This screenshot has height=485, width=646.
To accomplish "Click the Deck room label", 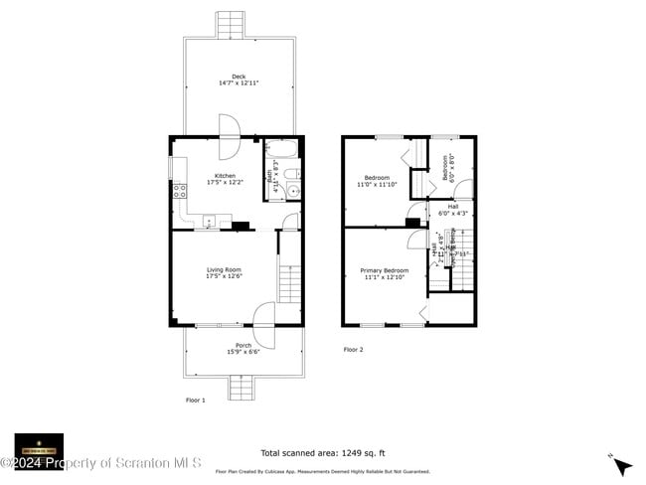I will pyautogui.click(x=238, y=80).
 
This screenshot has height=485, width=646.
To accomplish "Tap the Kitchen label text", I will pyautogui.click(x=225, y=179).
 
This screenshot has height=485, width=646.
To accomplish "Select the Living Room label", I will pyautogui.click(x=224, y=272).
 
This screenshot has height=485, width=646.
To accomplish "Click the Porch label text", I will pyautogui.click(x=242, y=349).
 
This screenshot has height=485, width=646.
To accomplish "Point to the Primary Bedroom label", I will pyautogui.click(x=384, y=273).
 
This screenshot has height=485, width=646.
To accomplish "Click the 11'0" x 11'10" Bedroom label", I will pyautogui.click(x=377, y=181).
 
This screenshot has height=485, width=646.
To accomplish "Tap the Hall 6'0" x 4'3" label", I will pyautogui.click(x=452, y=209).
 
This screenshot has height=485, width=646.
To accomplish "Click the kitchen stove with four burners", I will pyautogui.click(x=180, y=192).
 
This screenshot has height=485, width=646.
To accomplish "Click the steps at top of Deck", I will pyautogui.click(x=231, y=23).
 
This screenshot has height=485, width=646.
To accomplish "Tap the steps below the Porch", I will pyautogui.click(x=242, y=388).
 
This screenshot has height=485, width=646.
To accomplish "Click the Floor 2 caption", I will pyautogui.click(x=354, y=350).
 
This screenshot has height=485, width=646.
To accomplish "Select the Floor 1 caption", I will pyautogui.click(x=195, y=400).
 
